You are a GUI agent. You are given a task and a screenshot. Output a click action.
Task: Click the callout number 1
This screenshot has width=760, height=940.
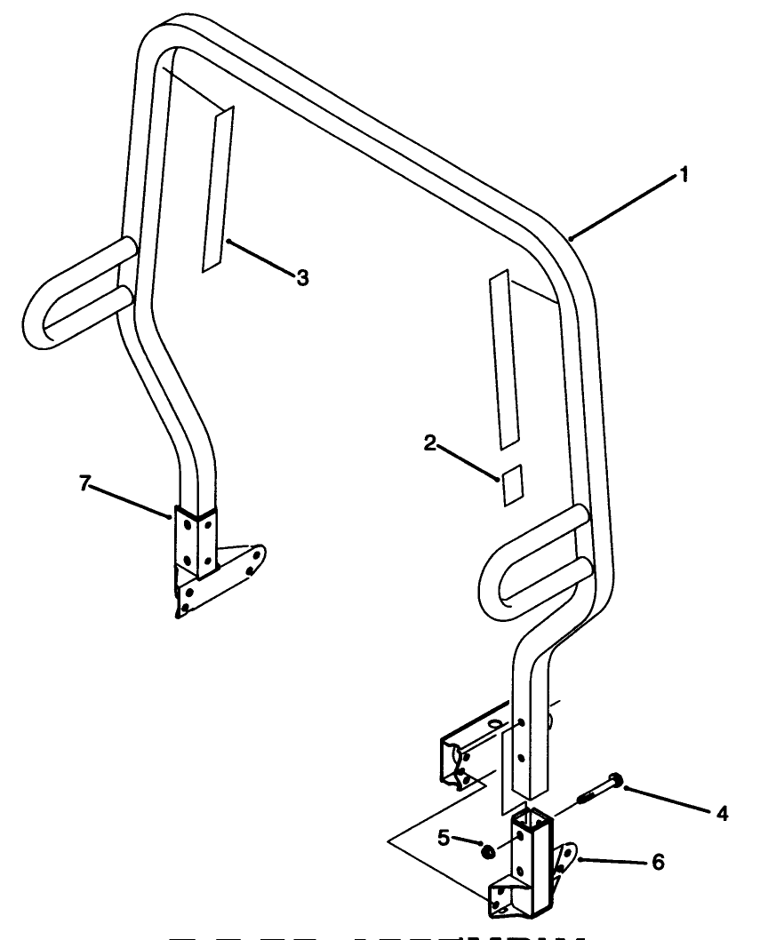click(x=684, y=175)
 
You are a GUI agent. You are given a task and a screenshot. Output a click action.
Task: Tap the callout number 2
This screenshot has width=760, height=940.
click(x=429, y=443)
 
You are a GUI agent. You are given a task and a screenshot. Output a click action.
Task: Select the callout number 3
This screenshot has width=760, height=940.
click(x=302, y=278)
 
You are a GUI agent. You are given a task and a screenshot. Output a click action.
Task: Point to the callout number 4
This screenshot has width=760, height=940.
click(x=722, y=812)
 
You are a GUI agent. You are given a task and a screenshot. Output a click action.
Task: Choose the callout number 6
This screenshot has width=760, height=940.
click(x=657, y=861)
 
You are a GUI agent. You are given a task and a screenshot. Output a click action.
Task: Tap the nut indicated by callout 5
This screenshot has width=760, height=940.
click(x=488, y=851)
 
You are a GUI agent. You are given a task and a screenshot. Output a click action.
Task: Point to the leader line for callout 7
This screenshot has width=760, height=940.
click(x=129, y=501)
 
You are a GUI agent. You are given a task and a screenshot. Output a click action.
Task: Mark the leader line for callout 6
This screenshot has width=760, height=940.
click(x=613, y=861)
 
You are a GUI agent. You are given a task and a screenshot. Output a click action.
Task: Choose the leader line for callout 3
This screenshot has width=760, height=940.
click(x=262, y=259)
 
